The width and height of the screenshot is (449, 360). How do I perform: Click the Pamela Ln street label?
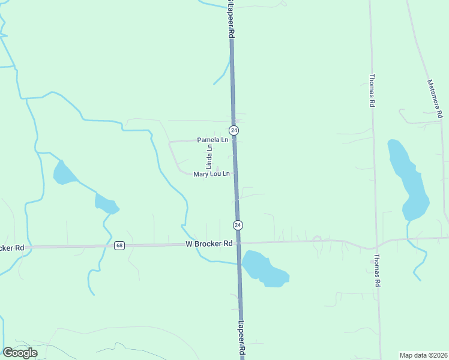tap(212, 140)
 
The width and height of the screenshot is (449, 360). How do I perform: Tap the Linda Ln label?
tap(209, 156)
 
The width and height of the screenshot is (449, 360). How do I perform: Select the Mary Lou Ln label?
tap(211, 174)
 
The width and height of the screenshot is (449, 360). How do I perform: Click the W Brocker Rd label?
tap(209, 244)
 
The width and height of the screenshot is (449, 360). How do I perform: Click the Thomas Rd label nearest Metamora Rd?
tap(372, 91)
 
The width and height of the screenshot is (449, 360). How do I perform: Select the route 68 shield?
tap(119, 245)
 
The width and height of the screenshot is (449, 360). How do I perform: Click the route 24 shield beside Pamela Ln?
tap(234, 130)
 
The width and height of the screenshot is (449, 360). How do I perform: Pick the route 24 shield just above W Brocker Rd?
tap(238, 225)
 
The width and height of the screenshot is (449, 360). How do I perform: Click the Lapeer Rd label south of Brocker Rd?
tap(241, 339)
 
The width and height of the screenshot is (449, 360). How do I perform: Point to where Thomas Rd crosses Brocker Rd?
tap(375, 247)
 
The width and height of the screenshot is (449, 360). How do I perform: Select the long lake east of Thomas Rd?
tap(408, 179)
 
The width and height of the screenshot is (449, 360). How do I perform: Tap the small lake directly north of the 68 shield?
tap(106, 204)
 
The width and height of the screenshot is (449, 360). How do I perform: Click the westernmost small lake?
tap(62, 173)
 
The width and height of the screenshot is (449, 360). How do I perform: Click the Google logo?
tap(20, 353)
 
